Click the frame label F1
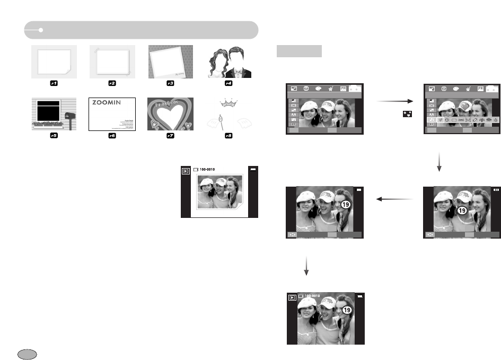click(x=54, y=83)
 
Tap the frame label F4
click(x=228, y=83)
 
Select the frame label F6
click(x=112, y=136)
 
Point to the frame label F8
click(x=228, y=136)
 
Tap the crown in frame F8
click(x=229, y=102)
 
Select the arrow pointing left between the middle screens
click(x=394, y=199)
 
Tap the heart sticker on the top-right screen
click(x=464, y=106)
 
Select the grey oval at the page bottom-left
click(x=27, y=354)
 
